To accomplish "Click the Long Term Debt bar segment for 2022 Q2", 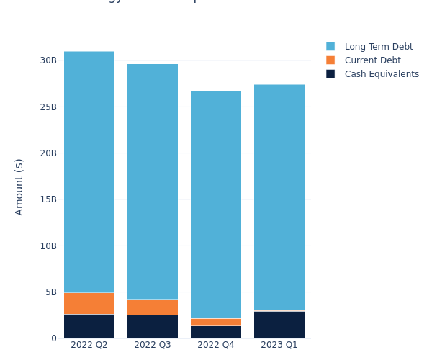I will click(x=89, y=171).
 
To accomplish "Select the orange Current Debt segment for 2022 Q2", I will click(x=89, y=303).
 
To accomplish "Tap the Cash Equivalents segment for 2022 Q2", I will click(x=89, y=326).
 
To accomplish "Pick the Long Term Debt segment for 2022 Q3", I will click(x=153, y=181).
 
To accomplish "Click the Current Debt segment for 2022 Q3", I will click(x=153, y=307).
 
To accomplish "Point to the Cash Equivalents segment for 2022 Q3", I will click(x=153, y=327).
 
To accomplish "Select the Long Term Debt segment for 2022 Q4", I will click(x=216, y=204).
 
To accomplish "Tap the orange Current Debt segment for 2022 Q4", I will click(x=216, y=322).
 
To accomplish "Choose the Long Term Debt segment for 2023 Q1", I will click(x=279, y=197).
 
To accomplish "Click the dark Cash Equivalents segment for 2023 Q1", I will click(x=279, y=325).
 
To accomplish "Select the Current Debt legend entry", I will click(x=372, y=60).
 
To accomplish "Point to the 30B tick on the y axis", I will click(x=48, y=60).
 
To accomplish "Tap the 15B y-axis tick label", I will click(x=48, y=199).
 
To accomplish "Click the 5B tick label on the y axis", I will click(x=50, y=292).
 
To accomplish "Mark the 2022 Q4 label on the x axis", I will click(x=216, y=345).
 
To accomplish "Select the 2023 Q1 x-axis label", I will click(x=279, y=345).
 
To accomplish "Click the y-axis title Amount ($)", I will click(x=19, y=186).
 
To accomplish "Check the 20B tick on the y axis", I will click(x=48, y=153).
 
